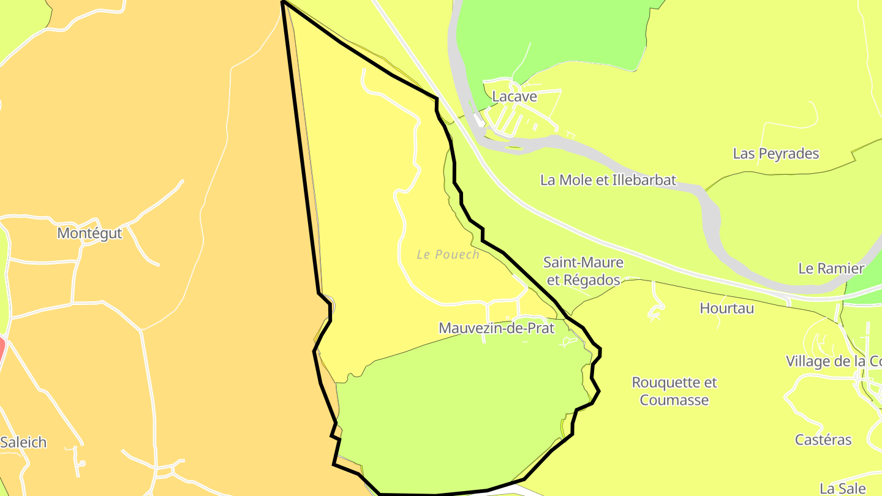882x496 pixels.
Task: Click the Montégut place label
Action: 89,233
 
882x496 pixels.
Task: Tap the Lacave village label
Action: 514,97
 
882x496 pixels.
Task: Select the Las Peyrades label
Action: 776,154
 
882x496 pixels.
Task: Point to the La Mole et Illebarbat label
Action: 608,180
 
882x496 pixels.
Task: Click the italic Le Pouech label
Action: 448,254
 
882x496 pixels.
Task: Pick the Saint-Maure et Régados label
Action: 584,271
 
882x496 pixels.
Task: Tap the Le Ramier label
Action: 831,268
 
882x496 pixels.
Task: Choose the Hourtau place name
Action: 727,308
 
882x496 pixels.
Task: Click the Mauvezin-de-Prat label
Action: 496,328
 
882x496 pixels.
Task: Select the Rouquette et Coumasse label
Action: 674,391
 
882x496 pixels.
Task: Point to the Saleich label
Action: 23,442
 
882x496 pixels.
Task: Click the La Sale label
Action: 842,488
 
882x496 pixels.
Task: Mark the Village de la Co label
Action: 834,361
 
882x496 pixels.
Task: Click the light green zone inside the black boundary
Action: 459,416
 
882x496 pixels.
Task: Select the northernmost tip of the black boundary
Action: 283,2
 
